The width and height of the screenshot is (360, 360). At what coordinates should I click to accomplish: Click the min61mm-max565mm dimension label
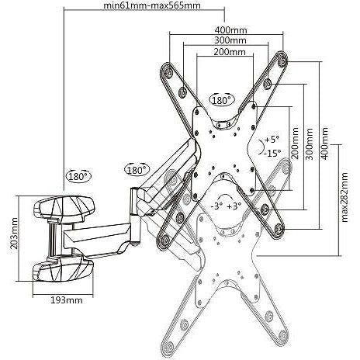click(152, 5)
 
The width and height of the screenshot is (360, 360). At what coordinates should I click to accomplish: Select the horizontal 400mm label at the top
click(231, 30)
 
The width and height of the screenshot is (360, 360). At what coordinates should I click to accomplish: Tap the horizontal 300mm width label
click(230, 40)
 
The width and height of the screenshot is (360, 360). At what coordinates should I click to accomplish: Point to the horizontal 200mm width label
click(230, 52)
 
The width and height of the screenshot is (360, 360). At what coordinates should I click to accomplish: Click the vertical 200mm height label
click(295, 143)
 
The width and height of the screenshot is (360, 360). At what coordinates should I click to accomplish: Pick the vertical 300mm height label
click(309, 144)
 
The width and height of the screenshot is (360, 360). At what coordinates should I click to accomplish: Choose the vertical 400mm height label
click(324, 143)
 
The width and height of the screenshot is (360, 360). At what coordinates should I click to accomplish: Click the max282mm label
click(344, 198)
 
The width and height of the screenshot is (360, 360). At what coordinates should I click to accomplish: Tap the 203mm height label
click(14, 234)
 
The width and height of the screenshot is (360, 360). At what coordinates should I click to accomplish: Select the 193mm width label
click(67, 300)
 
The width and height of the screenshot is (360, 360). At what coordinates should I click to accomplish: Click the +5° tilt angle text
click(272, 140)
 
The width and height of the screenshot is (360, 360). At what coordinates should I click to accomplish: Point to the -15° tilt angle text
click(272, 154)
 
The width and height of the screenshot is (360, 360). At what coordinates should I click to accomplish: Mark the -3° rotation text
click(216, 206)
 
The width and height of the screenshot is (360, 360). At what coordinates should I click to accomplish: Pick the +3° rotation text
click(234, 206)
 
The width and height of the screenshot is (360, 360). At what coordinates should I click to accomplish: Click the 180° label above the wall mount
click(79, 176)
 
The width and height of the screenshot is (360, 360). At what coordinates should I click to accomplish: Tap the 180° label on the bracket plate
click(221, 100)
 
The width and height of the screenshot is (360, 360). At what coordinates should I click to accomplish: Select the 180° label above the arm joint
click(137, 170)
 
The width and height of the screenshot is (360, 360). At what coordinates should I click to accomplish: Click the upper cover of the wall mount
click(64, 207)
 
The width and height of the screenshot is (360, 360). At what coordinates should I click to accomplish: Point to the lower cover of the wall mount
click(63, 268)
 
